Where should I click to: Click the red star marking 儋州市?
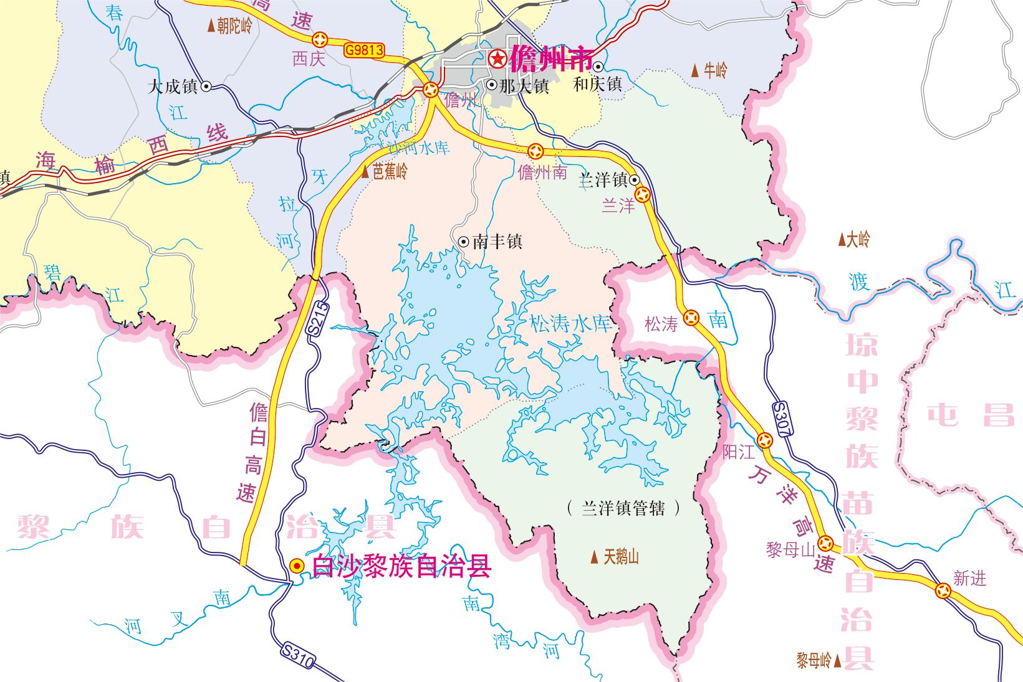[497, 59]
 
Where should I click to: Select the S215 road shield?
[319, 319]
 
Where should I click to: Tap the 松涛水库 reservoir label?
[570, 323]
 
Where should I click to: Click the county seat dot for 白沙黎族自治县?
[297, 566]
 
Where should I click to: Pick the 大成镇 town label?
[173, 87]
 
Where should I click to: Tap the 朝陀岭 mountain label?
[230, 26]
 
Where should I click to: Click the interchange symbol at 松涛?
[691, 318]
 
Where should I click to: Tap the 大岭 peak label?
[853, 239]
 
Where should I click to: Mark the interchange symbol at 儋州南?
[536, 151]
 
